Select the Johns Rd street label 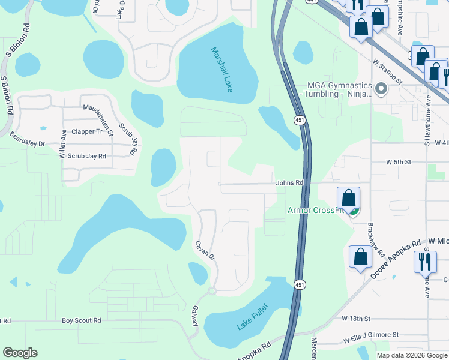coord(290,183)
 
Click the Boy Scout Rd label coord(81,321)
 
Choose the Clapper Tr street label coord(87,131)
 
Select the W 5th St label coord(398,163)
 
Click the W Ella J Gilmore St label coord(371,335)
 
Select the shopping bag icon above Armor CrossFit coord(348,199)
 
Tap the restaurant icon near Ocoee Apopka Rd coord(425,261)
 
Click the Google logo coord(20,353)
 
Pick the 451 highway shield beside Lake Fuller coord(298,284)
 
